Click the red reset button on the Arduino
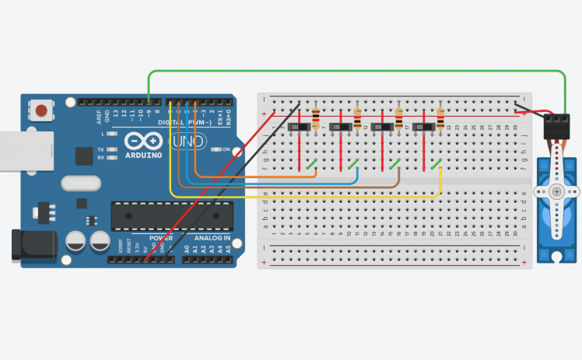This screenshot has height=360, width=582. click(40, 111)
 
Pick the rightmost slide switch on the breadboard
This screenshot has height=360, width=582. click(423, 127)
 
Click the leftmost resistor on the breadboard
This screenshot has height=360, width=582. click(316, 119)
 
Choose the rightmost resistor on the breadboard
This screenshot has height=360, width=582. click(440, 119)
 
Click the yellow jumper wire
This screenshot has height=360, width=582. click(311, 197)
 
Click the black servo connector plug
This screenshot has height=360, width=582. click(557, 124)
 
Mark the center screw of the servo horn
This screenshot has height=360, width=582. click(556, 191)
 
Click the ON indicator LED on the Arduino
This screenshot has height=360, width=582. click(217, 149)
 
